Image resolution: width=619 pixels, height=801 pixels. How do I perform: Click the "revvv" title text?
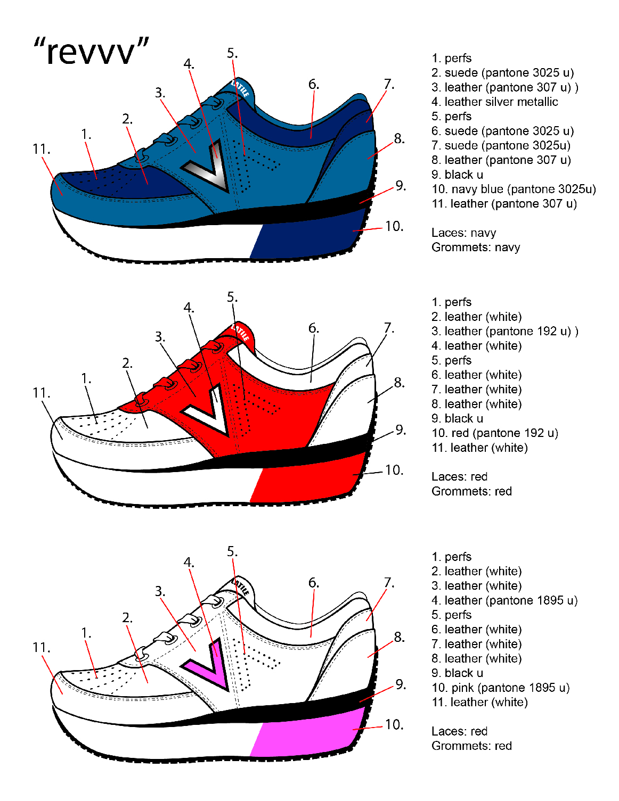[x=91, y=52]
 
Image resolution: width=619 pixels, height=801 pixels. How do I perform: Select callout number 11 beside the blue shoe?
[x=41, y=150]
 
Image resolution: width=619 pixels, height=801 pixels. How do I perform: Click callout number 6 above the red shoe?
[x=314, y=329]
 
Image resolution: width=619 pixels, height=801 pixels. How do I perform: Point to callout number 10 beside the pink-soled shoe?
[x=394, y=724]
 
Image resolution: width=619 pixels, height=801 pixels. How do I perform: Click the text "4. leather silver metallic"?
[x=494, y=102]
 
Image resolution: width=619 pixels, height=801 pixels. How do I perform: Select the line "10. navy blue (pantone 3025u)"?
[x=514, y=189]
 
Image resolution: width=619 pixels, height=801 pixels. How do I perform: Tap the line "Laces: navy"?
[x=463, y=233]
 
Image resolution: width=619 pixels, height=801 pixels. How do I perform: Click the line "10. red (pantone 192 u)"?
[x=494, y=433]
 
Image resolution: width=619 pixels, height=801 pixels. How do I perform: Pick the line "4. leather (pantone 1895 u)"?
[x=504, y=600]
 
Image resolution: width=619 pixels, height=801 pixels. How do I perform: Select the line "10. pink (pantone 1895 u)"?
[x=500, y=688]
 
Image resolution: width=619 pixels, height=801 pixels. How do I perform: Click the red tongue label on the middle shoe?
[x=241, y=333]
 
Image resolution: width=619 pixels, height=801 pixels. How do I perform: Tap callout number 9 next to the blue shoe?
[x=401, y=186]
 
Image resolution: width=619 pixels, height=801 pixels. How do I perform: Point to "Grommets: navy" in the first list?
[x=475, y=247]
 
